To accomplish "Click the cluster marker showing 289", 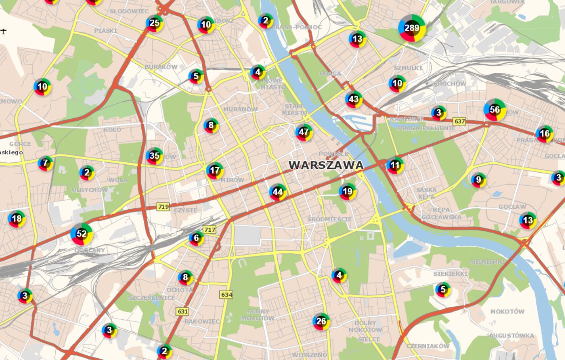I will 412,28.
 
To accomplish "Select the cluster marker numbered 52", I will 81,234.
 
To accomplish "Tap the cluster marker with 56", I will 495,110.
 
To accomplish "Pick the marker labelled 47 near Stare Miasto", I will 305,132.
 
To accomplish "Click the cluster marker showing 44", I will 278,192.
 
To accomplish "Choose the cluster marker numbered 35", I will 154,156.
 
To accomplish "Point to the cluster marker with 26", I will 321,321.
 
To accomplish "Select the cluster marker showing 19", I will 347,192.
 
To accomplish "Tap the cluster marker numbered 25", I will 154,23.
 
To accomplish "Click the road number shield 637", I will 459,122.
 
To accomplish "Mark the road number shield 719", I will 163,207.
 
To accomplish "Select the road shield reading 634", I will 226,295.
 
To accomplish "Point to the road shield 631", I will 182,311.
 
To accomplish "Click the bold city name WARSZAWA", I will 326,166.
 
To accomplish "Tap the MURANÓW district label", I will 240,109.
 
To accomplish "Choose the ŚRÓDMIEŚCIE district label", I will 329,219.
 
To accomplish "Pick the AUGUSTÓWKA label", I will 511,336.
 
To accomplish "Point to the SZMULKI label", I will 408,68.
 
